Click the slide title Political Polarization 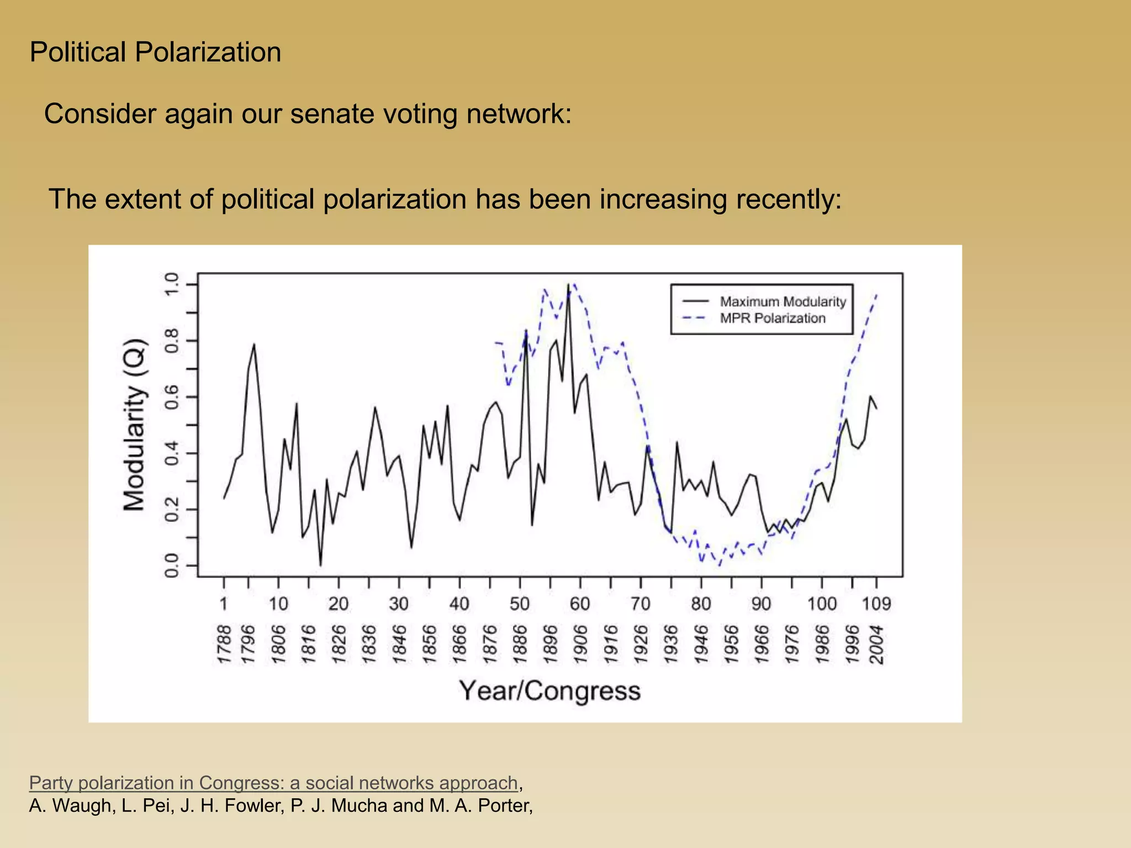pyautogui.click(x=155, y=52)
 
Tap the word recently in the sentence pyautogui.click(x=785, y=199)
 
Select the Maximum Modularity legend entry pyautogui.click(x=783, y=301)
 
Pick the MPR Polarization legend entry pyautogui.click(x=772, y=318)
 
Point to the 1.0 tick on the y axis pyautogui.click(x=172, y=284)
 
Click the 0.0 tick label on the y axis pyautogui.click(x=172, y=565)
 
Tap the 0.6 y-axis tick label pyautogui.click(x=172, y=397)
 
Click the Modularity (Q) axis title pyautogui.click(x=134, y=425)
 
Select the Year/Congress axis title pyautogui.click(x=549, y=691)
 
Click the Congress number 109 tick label pyautogui.click(x=876, y=603)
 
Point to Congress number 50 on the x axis pyautogui.click(x=520, y=603)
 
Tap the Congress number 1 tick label pyautogui.click(x=224, y=603)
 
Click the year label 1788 pyautogui.click(x=224, y=644)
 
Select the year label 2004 pyautogui.click(x=876, y=644)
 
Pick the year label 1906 pyautogui.click(x=580, y=644)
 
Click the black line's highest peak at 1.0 pyautogui.click(x=568, y=285)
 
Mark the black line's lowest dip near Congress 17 pyautogui.click(x=320, y=565)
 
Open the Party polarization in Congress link pyautogui.click(x=273, y=783)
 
